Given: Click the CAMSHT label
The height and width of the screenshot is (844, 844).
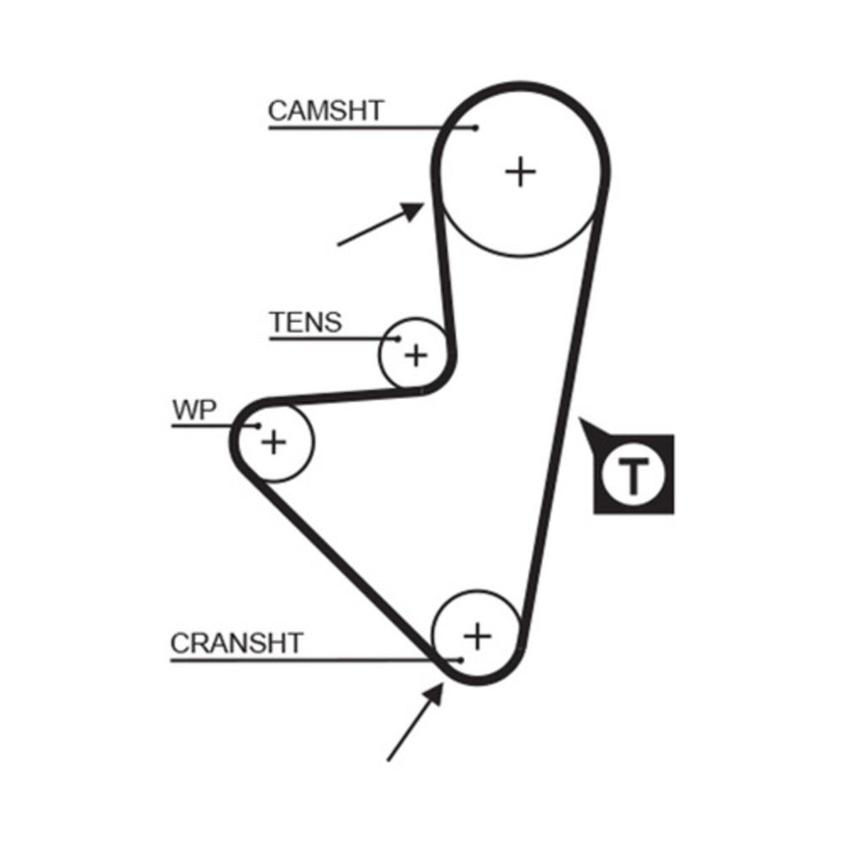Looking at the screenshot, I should click(x=325, y=110).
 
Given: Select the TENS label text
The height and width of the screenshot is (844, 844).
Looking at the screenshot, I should click(x=306, y=322).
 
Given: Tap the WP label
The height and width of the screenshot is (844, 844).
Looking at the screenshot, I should click(x=195, y=410).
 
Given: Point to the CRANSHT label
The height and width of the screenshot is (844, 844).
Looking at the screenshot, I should click(x=235, y=643).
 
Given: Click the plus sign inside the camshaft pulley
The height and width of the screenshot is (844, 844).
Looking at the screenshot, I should click(x=521, y=172).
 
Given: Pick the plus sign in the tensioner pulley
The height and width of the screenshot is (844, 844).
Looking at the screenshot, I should click(x=415, y=355).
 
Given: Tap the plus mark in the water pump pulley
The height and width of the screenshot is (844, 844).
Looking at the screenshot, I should click(x=273, y=441).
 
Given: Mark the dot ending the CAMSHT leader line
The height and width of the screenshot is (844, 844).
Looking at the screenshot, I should click(x=476, y=127).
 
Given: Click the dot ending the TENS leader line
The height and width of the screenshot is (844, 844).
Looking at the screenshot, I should click(x=398, y=339).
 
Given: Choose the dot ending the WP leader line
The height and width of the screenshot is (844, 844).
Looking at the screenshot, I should click(x=259, y=426).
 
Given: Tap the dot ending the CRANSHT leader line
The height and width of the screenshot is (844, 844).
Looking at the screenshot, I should click(x=461, y=659).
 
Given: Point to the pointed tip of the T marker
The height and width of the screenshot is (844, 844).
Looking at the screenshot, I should click(x=581, y=419).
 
